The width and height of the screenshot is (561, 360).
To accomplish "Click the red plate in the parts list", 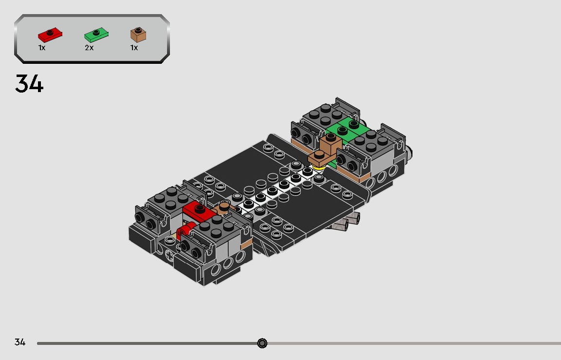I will tap(49, 35).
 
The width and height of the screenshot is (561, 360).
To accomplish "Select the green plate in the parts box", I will tap(96, 35).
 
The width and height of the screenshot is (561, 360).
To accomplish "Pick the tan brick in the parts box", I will tap(138, 35).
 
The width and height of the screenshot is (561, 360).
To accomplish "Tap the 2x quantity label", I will tap(89, 48).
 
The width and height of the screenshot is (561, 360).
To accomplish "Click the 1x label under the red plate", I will tap(42, 48).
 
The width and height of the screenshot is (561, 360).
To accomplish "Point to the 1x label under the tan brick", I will tap(134, 48).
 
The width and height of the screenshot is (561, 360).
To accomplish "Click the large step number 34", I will tap(29, 84).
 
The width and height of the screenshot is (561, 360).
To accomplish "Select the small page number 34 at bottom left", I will tap(19, 342).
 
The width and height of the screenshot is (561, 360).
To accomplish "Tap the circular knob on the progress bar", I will tap(262, 343).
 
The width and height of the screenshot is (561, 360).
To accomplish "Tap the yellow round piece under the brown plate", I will tap(319, 168).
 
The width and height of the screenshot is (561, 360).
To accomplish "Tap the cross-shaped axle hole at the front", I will tap(168, 255).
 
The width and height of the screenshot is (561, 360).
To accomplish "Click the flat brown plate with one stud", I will tap(319, 157).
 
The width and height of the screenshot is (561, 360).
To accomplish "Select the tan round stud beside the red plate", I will tap(224, 207).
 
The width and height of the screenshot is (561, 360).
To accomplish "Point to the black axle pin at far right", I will tap(412, 153).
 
